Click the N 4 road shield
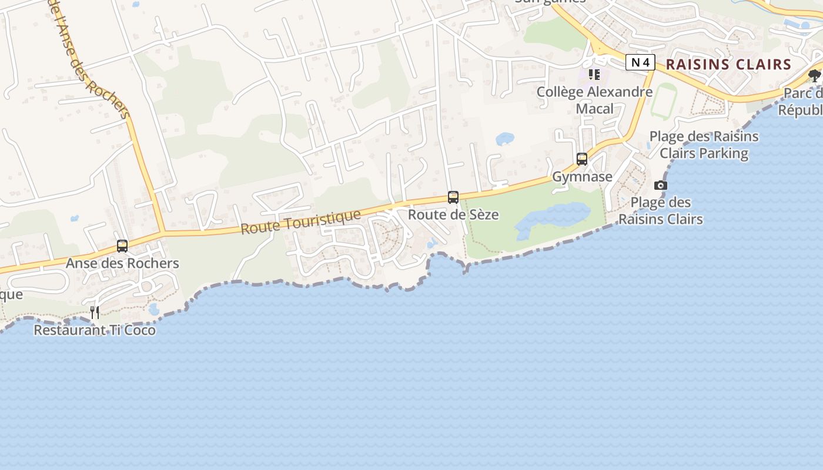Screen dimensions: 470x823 point(640,62)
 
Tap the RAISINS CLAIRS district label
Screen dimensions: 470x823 point(729,65)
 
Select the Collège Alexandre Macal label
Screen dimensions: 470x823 point(594,100)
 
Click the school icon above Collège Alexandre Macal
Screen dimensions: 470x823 point(594,75)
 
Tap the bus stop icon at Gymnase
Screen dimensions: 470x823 point(582,159)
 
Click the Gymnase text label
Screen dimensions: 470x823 point(582,176)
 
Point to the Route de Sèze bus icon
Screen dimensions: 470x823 point(453,197)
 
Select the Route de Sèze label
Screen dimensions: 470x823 point(453,214)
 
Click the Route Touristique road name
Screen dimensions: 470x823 point(300,221)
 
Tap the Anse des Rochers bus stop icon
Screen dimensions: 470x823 point(122,246)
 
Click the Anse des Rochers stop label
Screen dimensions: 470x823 point(122,263)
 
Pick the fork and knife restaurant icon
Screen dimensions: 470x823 point(94,312)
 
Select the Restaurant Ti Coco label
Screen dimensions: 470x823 point(95,330)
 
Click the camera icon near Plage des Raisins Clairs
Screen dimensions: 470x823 point(661,186)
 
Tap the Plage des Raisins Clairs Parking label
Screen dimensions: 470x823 point(704,145)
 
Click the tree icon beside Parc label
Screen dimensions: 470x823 point(814,75)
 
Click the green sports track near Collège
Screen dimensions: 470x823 point(664,101)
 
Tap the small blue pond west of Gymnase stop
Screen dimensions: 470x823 point(504,139)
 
